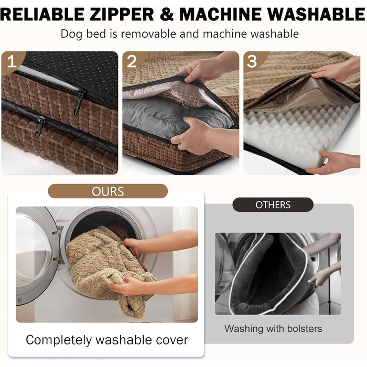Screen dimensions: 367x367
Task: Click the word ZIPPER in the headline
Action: [122, 14]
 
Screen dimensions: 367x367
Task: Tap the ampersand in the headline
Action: [167, 14]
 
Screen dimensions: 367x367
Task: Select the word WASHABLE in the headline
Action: [317, 14]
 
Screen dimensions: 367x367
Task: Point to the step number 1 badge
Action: [12, 61]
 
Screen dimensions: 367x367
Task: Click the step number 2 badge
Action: [132, 61]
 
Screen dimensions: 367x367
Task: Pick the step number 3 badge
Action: [252, 61]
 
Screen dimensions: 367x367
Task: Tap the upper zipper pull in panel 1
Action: [78, 103]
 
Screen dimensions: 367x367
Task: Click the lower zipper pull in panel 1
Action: [39, 127]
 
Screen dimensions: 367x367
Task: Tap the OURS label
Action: [107, 191]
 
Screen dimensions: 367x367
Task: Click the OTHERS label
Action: [273, 205]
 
